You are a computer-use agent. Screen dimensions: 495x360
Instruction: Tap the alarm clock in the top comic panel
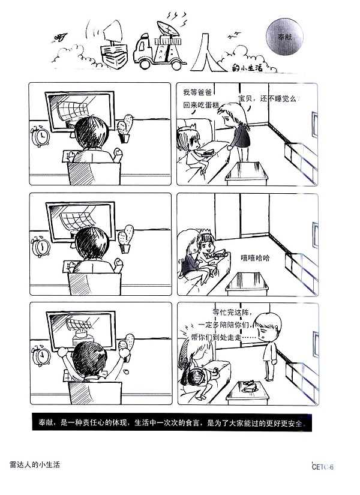pyautogui.click(x=41, y=136)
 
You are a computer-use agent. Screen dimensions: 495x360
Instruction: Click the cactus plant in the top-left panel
pyautogui.click(x=125, y=128)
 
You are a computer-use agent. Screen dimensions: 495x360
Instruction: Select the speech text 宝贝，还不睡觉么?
pyautogui.click(x=268, y=98)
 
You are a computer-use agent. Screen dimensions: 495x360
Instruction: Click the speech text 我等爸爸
pyautogui.click(x=197, y=92)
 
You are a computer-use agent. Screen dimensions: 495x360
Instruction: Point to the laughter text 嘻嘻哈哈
pyautogui.click(x=255, y=257)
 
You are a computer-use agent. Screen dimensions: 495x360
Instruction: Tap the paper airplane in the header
pyautogui.click(x=60, y=38)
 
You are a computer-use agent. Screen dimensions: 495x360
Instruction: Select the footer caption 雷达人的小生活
pyautogui.click(x=35, y=465)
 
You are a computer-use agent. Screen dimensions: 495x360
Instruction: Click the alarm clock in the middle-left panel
pyautogui.click(x=41, y=246)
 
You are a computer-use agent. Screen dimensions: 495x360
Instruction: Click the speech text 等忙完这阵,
pyautogui.click(x=235, y=313)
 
